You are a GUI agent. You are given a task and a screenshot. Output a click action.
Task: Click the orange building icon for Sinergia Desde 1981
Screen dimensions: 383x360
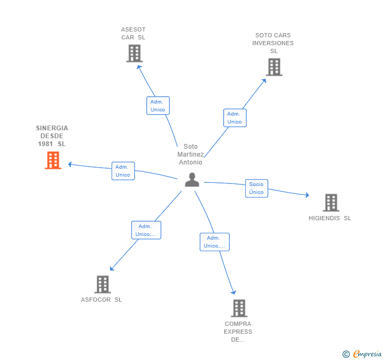pyautogui.click(x=53, y=160)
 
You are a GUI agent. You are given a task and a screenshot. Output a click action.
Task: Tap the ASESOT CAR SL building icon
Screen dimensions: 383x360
pyautogui.click(x=134, y=54)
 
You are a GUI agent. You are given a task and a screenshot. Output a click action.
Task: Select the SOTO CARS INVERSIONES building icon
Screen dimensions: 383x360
pyautogui.click(x=274, y=67)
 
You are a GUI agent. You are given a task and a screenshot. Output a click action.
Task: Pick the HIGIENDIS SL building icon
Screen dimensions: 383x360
pyautogui.click(x=330, y=203)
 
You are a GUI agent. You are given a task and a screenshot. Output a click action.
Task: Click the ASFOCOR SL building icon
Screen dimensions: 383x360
pyautogui.click(x=103, y=284)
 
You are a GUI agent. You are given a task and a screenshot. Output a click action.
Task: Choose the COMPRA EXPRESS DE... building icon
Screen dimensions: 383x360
pyautogui.click(x=239, y=308)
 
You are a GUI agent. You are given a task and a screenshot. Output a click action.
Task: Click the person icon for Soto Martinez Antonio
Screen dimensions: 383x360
pyautogui.click(x=192, y=180)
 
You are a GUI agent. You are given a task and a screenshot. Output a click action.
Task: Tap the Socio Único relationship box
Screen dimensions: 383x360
pyautogui.click(x=256, y=188)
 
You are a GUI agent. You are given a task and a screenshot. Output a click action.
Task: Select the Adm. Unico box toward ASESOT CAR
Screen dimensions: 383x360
pyautogui.click(x=158, y=106)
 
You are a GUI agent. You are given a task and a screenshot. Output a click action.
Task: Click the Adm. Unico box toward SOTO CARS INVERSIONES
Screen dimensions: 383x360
pyautogui.click(x=235, y=118)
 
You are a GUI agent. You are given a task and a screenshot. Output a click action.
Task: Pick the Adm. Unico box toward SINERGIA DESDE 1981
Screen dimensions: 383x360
pyautogui.click(x=123, y=171)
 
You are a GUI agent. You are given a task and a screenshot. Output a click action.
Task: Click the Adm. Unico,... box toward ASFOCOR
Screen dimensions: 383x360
pyautogui.click(x=146, y=230)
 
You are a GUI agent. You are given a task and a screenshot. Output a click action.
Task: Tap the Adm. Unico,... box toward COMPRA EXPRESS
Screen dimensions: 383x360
pyautogui.click(x=215, y=242)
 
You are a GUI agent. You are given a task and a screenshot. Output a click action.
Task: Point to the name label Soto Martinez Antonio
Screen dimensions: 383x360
pyautogui.click(x=190, y=155)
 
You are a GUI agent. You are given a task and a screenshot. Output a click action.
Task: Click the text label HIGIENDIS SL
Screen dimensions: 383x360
pyautogui.click(x=330, y=218)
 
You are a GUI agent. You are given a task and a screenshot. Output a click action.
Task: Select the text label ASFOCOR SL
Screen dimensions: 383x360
pyautogui.click(x=102, y=300)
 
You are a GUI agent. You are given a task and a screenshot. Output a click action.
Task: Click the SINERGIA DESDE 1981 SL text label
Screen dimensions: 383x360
pyautogui.click(x=52, y=136)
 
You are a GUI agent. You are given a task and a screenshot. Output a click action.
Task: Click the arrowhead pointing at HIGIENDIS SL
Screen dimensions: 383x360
pyautogui.click(x=307, y=196)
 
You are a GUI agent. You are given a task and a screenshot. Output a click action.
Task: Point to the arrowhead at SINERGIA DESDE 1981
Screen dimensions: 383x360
pyautogui.click(x=70, y=164)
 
